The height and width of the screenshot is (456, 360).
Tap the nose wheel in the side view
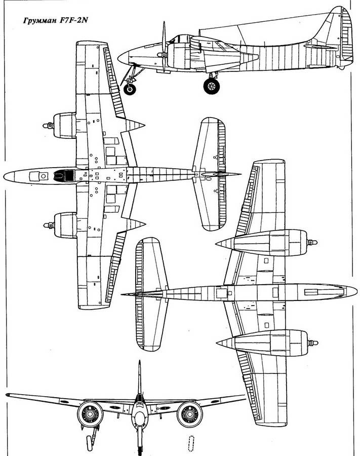[x=130, y=89]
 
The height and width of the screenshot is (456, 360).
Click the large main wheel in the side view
[x=211, y=86]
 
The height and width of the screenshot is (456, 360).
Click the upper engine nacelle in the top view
[x=63, y=125]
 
